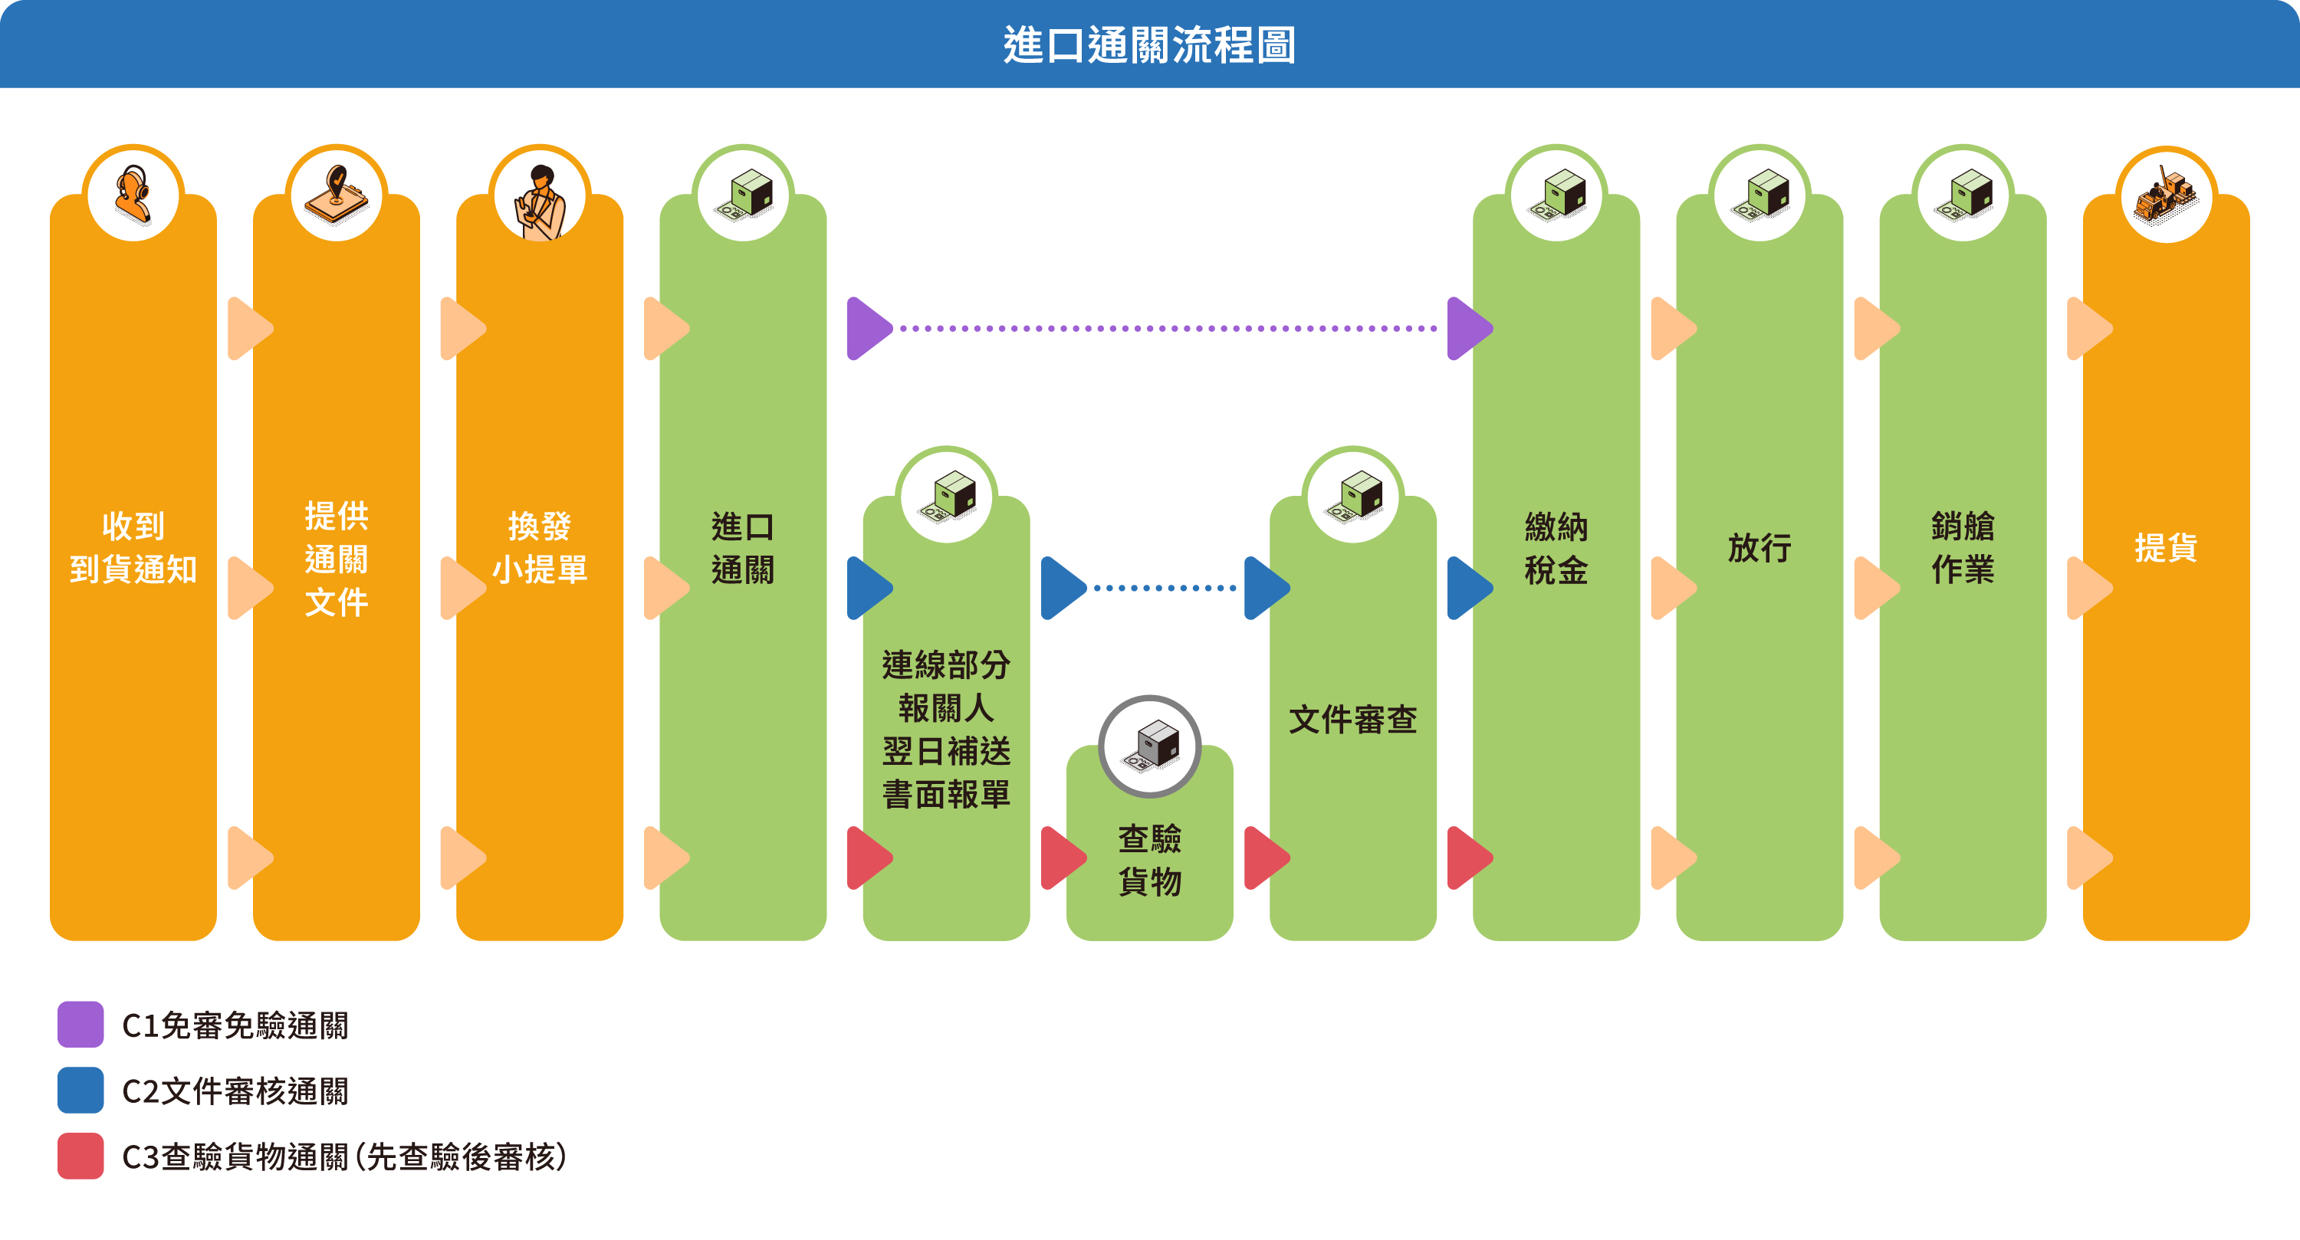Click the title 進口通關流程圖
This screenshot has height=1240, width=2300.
pos(1149,44)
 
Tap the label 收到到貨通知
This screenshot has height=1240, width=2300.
pos(133,547)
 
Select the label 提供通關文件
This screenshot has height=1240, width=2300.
pos(336,559)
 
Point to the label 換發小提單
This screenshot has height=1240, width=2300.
pos(539,547)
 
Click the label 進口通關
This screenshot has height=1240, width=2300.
pos(742,547)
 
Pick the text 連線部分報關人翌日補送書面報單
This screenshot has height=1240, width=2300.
pos(945,729)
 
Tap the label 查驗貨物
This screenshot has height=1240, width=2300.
pos(1149,859)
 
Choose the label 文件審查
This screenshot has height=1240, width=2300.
pos(1352,719)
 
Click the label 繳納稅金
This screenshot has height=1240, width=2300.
pos(1556,547)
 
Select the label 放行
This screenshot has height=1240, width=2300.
pos(1759,547)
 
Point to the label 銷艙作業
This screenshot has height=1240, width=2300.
pos(1963,547)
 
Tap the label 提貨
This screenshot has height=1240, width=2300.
pos(2165,547)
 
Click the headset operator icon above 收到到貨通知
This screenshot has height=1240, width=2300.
pos(133,195)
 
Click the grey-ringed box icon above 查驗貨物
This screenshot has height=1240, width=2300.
pos(1149,746)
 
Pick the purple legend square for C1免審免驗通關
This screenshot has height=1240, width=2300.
pos(80,1024)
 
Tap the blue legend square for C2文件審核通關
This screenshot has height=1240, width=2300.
pos(80,1090)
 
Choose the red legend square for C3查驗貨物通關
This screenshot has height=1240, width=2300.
pos(80,1156)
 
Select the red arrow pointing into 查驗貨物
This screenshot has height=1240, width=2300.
pos(1061,858)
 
